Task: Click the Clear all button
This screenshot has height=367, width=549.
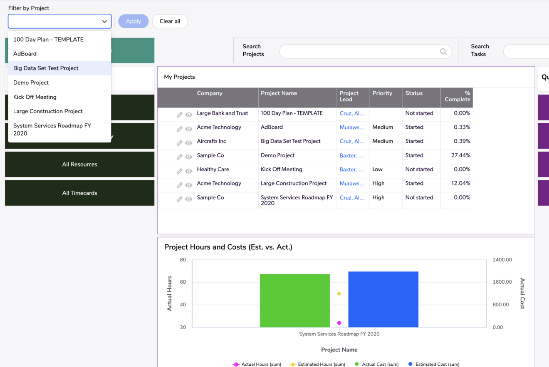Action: pyautogui.click(x=170, y=21)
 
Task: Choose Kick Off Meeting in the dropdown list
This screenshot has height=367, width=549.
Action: pyautogui.click(x=35, y=97)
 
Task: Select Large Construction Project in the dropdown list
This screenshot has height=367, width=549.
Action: pyautogui.click(x=48, y=111)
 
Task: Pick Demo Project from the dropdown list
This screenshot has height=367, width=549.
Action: pyautogui.click(x=31, y=82)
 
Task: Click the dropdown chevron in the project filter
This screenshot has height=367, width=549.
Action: pyautogui.click(x=104, y=21)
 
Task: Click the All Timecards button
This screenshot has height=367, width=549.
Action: pyautogui.click(x=79, y=193)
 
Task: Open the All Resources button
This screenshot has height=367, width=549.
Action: pyautogui.click(x=79, y=165)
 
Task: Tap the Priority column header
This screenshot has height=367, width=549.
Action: pyautogui.click(x=382, y=93)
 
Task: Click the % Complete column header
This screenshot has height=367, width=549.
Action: pyautogui.click(x=457, y=96)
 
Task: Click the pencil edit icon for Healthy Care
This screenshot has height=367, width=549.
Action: pyautogui.click(x=180, y=171)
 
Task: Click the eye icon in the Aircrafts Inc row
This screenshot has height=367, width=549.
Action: pyautogui.click(x=188, y=143)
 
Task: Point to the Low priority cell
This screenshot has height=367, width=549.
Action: pyautogui.click(x=377, y=170)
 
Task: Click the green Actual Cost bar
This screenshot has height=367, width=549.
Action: pyautogui.click(x=294, y=300)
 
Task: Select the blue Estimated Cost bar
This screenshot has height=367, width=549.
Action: pyautogui.click(x=383, y=299)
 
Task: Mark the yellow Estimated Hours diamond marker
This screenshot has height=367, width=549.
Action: pyautogui.click(x=339, y=294)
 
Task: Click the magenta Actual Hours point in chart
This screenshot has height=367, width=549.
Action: pyautogui.click(x=339, y=323)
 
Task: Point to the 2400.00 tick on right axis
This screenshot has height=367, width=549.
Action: pyautogui.click(x=502, y=260)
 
